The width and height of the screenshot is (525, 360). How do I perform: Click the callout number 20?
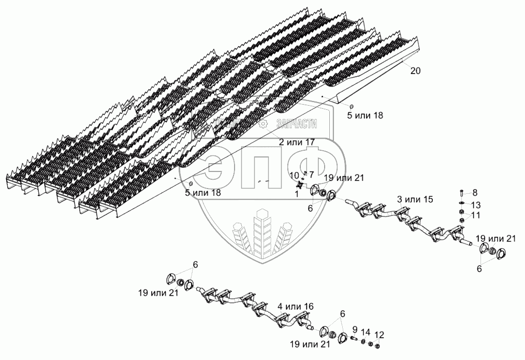tap(416, 71)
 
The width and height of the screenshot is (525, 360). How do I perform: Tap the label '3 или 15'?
tap(415, 199)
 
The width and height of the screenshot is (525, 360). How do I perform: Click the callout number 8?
tap(475, 193)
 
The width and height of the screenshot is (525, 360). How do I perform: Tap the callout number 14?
tap(366, 333)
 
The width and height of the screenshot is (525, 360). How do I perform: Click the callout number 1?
tap(297, 193)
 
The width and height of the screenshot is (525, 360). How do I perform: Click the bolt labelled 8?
tap(461, 194)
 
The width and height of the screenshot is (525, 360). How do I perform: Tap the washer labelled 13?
tap(461, 205)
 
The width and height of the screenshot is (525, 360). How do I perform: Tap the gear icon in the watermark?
tap(264, 123)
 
